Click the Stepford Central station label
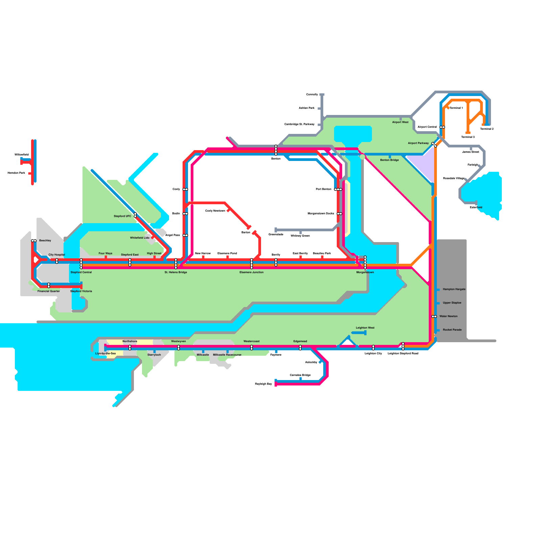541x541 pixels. [81, 272]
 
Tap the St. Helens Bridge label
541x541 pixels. [176, 272]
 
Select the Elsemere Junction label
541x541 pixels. [252, 272]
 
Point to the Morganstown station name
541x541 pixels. [365, 272]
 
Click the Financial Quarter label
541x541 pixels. [49, 291]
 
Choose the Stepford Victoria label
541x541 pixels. [81, 291]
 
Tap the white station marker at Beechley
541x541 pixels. [34, 241]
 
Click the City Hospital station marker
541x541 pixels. [57, 261]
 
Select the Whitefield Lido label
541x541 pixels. [140, 238]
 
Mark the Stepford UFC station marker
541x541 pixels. [135, 215]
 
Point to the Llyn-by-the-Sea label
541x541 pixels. [105, 353]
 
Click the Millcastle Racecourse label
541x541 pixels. [227, 355]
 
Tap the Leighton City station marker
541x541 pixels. [373, 348]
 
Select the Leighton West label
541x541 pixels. [365, 328]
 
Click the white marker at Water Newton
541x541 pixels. [434, 316]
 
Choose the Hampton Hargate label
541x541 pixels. [454, 289]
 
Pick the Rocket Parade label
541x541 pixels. [452, 330]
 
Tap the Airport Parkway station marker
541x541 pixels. [434, 145]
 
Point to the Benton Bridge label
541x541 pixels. [390, 160]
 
